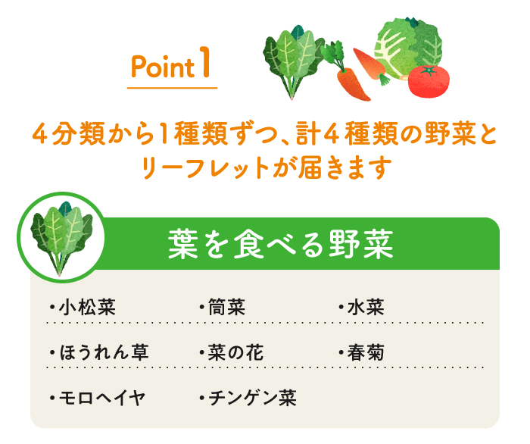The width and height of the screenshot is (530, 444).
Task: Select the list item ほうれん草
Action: point(104,352)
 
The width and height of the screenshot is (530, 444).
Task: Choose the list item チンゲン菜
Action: point(250,397)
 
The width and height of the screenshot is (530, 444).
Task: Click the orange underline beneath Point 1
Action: point(173,88)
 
